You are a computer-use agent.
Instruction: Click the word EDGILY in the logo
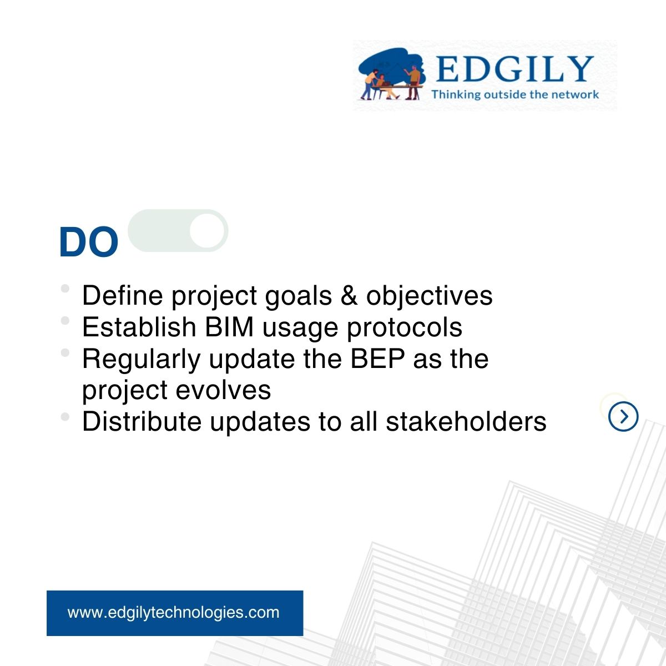point(514,69)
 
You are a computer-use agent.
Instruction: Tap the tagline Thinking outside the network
point(515,94)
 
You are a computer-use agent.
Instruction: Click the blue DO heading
point(88,242)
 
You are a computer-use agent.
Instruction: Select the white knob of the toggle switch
point(207,230)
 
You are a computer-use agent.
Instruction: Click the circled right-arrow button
point(623,416)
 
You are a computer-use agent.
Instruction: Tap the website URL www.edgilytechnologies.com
point(174,612)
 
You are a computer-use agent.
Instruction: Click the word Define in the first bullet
point(122,295)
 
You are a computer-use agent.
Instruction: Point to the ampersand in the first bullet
point(349,295)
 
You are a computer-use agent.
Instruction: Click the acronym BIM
point(229,327)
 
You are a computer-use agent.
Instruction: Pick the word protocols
point(405,327)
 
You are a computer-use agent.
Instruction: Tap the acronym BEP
point(377,359)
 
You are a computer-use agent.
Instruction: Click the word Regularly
point(142,360)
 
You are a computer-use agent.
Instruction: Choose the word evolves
point(223,391)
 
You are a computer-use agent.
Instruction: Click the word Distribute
point(142,422)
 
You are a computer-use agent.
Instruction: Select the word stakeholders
point(466,422)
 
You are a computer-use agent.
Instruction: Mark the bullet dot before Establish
point(65,320)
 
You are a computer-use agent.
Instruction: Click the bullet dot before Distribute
point(65,416)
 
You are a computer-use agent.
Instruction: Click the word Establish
point(139,327)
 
